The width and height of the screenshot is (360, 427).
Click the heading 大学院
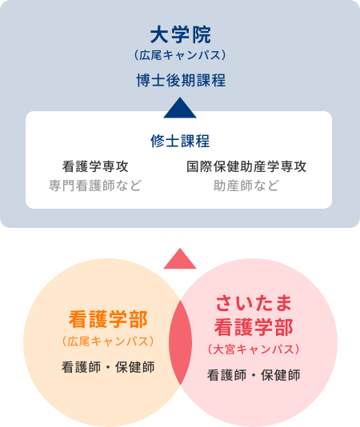[180, 35]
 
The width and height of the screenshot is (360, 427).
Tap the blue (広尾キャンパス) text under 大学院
[180, 55]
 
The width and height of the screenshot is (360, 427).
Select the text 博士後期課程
[181, 80]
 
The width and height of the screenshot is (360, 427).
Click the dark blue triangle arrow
[180, 108]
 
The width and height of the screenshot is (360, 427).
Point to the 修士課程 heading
[180, 141]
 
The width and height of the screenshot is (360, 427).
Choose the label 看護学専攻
[95, 166]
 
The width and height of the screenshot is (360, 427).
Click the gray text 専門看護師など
[95, 186]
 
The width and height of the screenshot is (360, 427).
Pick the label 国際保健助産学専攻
[246, 166]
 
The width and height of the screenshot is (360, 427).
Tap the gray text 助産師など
[246, 186]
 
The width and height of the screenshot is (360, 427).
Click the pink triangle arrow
[180, 259]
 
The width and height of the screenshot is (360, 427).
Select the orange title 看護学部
[108, 319]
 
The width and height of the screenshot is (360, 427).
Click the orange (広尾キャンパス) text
[108, 341]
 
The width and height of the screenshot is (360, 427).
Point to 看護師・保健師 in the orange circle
[108, 367]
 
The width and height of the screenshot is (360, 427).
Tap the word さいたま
[254, 303]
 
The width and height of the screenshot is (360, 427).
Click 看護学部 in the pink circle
[254, 327]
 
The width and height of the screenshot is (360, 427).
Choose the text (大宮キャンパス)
[254, 349]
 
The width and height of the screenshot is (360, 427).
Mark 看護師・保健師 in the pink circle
[254, 375]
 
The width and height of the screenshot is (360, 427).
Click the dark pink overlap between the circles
[180, 342]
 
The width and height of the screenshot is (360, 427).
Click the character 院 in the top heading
[201, 35]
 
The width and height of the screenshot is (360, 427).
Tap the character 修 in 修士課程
[158, 141]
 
